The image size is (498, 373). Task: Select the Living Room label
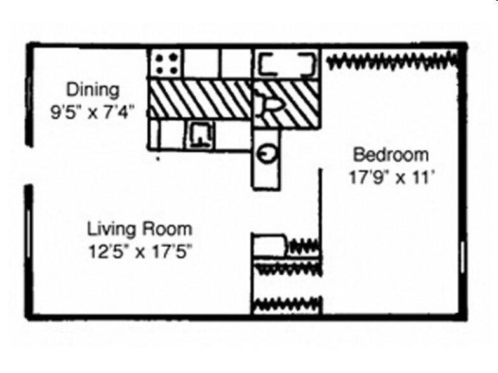click(x=140, y=228)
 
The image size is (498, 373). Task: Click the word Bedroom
click(x=391, y=154)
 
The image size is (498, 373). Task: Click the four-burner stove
click(x=166, y=63)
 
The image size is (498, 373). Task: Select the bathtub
click(x=286, y=64)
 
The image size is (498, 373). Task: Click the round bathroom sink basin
click(x=267, y=153)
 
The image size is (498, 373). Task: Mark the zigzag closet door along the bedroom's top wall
click(x=391, y=61)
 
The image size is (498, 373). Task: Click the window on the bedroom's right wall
click(x=462, y=257)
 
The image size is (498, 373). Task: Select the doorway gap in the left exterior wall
click(x=29, y=166)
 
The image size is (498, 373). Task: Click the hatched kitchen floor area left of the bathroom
click(x=201, y=98)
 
